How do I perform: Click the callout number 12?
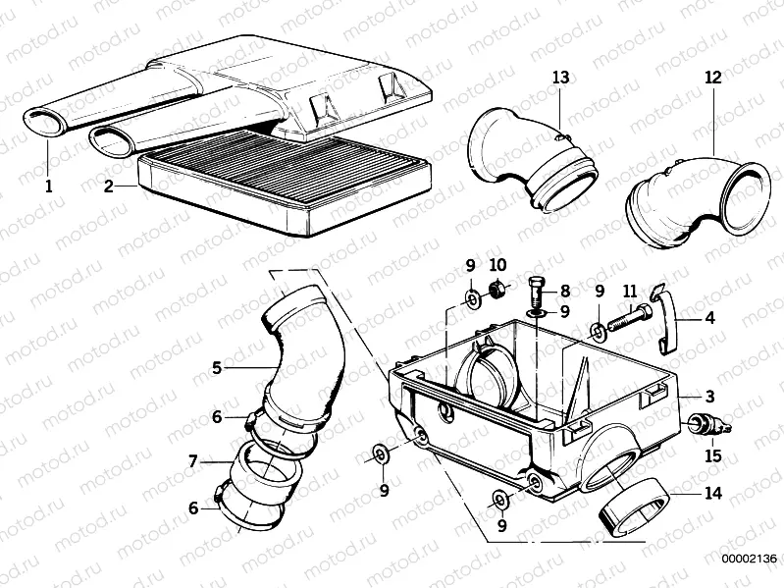[x=712, y=77]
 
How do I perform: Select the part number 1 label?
[x=45, y=184]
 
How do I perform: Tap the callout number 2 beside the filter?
[x=108, y=185]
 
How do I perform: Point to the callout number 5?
[x=217, y=368]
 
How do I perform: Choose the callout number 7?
[x=193, y=459]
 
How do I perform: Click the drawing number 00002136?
[x=749, y=560]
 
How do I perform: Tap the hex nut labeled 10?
[x=497, y=290]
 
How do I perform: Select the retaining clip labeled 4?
[x=667, y=320]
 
